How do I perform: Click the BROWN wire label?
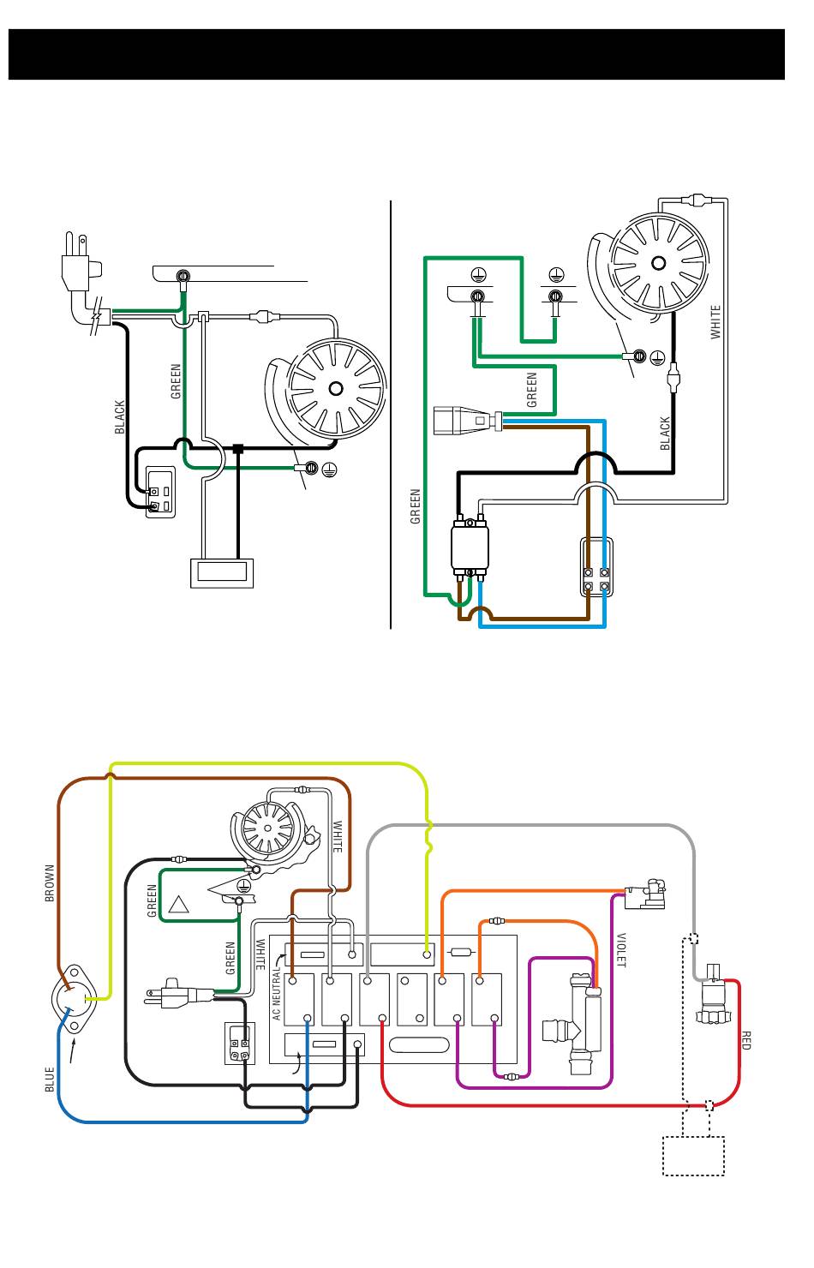tap(50, 882)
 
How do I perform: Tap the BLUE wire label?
tap(50, 1079)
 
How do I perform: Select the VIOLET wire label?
tap(621, 950)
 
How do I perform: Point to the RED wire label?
tap(745, 1040)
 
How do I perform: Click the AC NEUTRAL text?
tap(276, 994)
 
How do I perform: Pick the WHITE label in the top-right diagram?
tap(715, 322)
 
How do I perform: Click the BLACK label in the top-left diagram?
tap(119, 417)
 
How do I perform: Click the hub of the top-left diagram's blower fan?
tap(336, 388)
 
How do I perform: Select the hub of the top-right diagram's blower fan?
tap(658, 263)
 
